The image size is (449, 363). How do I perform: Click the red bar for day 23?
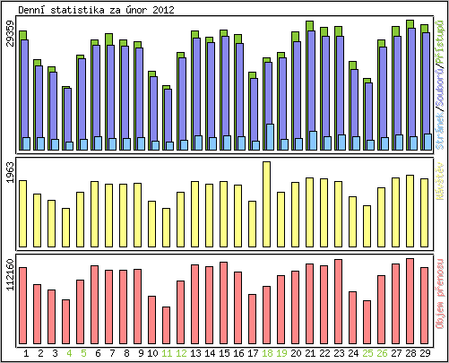(338, 295)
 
